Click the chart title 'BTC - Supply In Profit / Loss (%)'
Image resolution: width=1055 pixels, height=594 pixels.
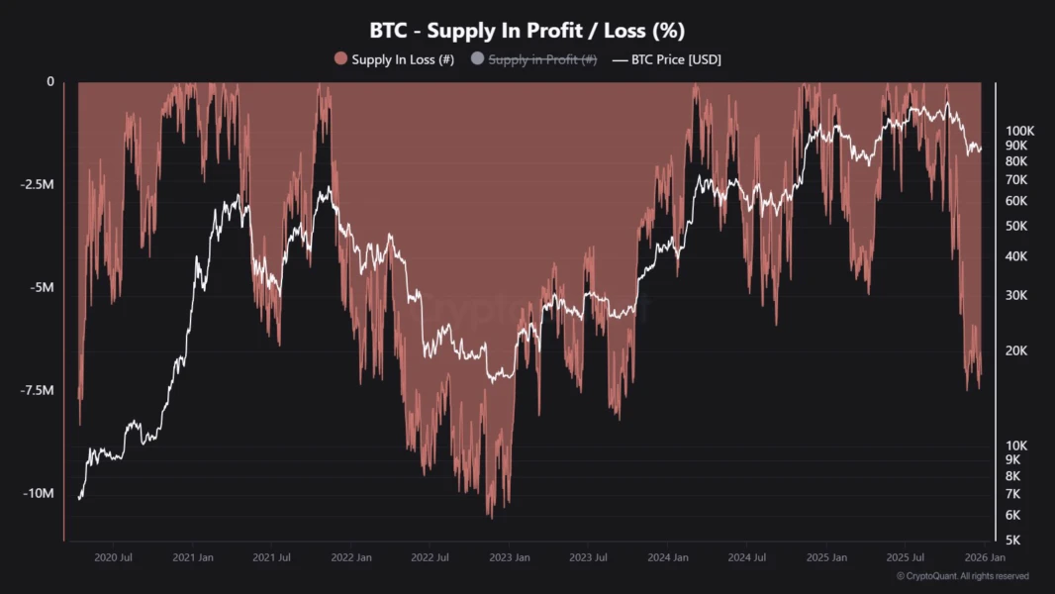(x=527, y=31)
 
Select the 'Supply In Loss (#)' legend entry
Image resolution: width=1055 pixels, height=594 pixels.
(x=403, y=59)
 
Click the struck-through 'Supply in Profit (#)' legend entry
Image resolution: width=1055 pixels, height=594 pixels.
(x=542, y=59)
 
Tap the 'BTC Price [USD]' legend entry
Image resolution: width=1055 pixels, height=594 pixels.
(x=676, y=59)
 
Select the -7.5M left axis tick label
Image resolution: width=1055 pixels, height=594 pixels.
(x=37, y=391)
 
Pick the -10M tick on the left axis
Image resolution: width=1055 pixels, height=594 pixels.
(x=39, y=494)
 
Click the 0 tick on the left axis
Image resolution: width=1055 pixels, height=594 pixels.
(x=50, y=82)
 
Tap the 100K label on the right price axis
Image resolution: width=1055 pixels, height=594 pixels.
(x=1019, y=131)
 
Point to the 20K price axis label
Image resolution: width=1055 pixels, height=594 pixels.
(x=1016, y=350)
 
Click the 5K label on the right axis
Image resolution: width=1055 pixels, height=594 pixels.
(x=1013, y=541)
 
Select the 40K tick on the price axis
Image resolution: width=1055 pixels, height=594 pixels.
(x=1016, y=256)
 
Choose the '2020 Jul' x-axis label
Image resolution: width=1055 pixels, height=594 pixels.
(x=113, y=558)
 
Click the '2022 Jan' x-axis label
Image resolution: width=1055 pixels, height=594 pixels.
(x=351, y=558)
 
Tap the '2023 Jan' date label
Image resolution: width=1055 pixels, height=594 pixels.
(x=510, y=558)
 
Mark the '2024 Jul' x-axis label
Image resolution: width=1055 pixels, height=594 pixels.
(x=746, y=558)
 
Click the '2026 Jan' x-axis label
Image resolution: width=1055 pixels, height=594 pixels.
(x=985, y=558)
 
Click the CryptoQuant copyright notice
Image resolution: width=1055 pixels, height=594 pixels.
(x=962, y=576)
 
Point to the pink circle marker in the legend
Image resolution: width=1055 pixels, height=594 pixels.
(x=341, y=59)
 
